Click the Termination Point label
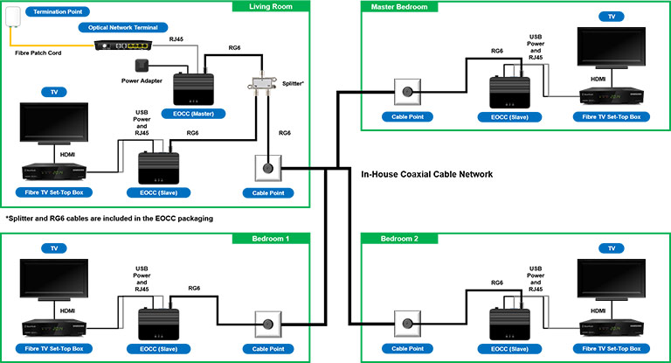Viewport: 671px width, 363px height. point(58,11)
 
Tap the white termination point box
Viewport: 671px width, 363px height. point(13,17)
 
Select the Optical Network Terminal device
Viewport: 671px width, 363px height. point(123,45)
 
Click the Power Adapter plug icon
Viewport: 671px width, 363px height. point(142,66)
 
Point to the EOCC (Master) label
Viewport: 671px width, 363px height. point(193,114)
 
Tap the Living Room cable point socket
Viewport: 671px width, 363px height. point(268,168)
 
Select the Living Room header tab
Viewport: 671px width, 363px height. point(271,6)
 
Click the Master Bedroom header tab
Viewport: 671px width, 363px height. point(399,6)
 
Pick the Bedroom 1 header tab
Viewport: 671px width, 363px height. point(271,239)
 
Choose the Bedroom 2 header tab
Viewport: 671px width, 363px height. point(399,239)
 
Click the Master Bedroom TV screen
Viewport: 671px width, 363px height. point(611,46)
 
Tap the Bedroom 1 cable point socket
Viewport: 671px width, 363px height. point(268,324)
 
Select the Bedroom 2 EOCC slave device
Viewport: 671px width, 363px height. point(509,324)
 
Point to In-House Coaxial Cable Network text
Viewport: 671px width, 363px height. point(426,174)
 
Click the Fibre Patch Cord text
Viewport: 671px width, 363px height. point(38,53)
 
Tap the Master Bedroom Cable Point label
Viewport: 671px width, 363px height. point(407,116)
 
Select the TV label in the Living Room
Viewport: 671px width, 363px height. point(54,92)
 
